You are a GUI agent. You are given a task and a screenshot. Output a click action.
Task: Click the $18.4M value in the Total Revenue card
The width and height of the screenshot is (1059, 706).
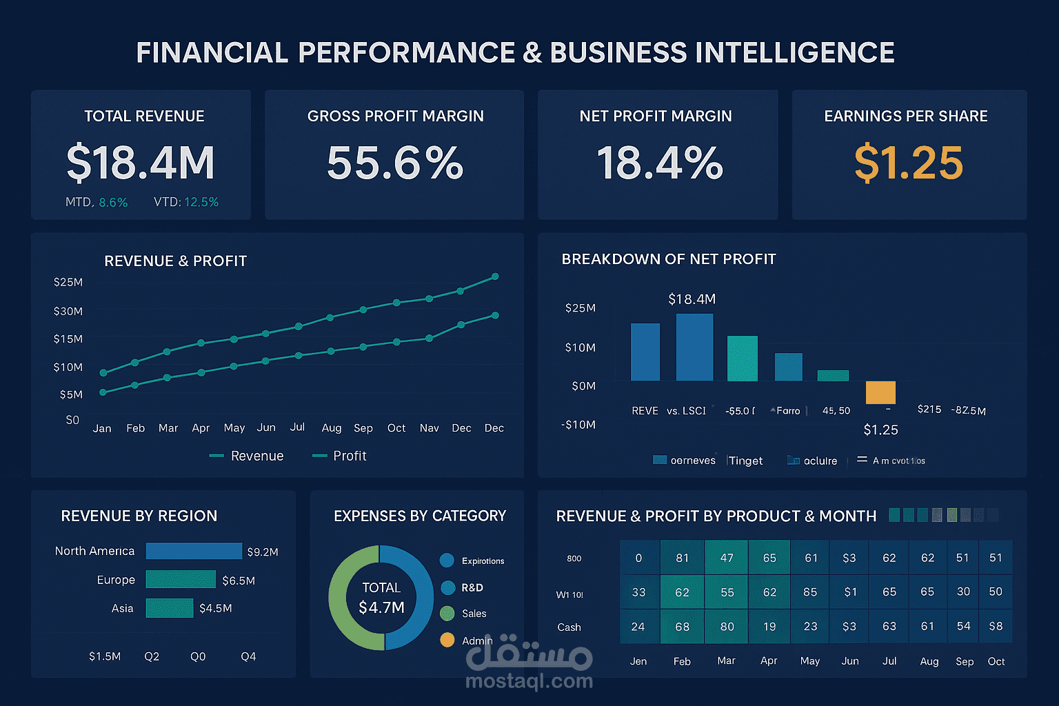(141, 163)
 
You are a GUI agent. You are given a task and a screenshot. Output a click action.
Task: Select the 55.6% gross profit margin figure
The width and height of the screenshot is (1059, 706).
(395, 163)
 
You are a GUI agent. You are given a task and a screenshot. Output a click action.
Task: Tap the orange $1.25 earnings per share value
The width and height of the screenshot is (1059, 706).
(908, 163)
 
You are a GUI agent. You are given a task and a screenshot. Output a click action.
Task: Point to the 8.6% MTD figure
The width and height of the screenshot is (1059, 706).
(113, 203)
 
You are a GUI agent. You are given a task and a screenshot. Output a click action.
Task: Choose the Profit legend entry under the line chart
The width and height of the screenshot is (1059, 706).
(349, 456)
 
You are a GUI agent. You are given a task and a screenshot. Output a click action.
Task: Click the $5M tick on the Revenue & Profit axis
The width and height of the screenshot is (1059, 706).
(71, 395)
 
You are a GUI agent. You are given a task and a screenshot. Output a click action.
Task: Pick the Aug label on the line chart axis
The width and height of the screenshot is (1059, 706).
(332, 428)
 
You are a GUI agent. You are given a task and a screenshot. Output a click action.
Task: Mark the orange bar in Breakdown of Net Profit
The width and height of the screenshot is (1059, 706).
(880, 392)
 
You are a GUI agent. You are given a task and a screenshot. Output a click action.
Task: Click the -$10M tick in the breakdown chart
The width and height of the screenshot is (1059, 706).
(579, 425)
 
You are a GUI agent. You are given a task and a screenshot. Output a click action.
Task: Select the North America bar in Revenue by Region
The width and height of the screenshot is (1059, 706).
(194, 551)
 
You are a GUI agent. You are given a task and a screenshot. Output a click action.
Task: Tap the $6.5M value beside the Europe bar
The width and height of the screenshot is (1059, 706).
(239, 581)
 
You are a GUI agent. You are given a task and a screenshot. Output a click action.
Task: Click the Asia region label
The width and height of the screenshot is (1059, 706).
(123, 608)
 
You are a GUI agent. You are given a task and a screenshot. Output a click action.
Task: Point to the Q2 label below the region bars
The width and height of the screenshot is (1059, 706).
(152, 656)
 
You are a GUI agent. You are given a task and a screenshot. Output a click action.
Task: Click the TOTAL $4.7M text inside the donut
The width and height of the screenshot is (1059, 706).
(381, 598)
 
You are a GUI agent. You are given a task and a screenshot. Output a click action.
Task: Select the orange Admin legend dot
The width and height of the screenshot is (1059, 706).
(447, 640)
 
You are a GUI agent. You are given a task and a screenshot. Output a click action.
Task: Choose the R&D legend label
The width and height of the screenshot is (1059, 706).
(472, 587)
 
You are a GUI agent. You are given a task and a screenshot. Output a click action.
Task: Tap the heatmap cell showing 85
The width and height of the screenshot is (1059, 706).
(810, 592)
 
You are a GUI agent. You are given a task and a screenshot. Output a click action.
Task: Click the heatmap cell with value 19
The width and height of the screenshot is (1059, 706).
(769, 627)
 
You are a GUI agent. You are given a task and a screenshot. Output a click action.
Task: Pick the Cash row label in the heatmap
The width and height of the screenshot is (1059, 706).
(569, 627)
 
